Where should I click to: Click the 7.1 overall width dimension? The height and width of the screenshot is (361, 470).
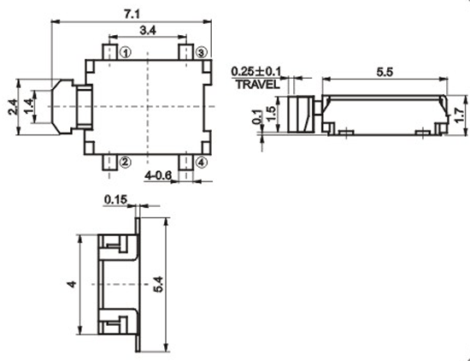pos(132,14)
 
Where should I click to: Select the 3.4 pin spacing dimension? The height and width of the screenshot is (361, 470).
pos(148,30)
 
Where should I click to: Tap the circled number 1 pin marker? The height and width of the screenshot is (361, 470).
pos(126,53)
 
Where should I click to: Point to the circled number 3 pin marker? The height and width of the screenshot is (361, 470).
pos(202,53)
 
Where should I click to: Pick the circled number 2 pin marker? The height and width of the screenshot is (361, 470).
pos(126,162)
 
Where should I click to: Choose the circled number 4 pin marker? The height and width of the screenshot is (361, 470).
pos(202,163)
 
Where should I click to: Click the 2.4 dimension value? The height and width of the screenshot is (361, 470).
pos(13,107)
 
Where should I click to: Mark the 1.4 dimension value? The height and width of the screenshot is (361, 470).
pos(29,107)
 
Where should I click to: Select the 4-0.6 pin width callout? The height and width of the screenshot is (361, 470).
pos(158,175)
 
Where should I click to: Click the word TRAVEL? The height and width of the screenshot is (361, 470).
pos(258,85)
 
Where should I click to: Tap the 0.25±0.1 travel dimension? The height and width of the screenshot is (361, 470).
pos(256,72)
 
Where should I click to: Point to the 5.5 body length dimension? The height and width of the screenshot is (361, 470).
pos(385,73)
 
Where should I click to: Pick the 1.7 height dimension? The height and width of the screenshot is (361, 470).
pos(459,115)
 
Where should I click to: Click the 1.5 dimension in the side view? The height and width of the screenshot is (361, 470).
pos(271,114)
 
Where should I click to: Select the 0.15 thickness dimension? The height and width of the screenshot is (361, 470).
pos(115,199)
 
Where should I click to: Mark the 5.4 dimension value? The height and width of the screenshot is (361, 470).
pos(158,284)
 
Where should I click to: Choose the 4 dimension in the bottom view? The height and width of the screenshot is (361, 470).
pos(72,284)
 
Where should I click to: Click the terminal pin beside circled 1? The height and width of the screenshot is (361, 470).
pos(109,52)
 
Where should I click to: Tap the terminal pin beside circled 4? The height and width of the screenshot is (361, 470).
pos(185,163)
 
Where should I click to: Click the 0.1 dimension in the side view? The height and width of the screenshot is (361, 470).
pos(257,117)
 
